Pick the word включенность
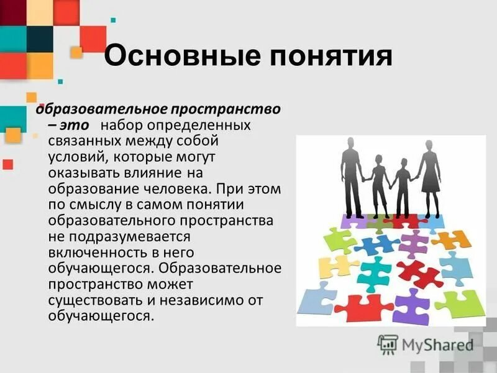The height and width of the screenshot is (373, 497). click(x=96, y=252)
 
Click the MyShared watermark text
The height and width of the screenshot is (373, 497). click(x=435, y=344)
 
